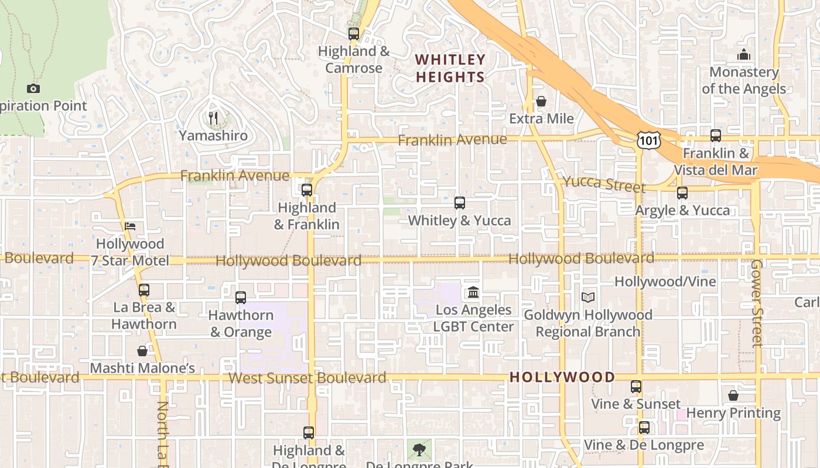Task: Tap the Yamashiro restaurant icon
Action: [213, 118]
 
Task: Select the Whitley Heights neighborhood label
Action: [450, 68]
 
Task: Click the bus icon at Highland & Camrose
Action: [354, 34]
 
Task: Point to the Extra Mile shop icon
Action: [541, 101]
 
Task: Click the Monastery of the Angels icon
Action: [744, 55]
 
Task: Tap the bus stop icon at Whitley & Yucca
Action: [460, 203]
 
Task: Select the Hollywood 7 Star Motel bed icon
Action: [130, 226]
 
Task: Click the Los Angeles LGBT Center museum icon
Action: [473, 292]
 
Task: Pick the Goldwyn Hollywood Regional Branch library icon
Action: [588, 297]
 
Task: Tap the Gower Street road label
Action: [756, 303]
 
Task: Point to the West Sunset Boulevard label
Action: [307, 378]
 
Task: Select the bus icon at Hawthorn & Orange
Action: [241, 298]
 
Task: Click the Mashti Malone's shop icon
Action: [142, 351]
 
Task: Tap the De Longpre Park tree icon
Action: [419, 449]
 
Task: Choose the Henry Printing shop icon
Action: [733, 396]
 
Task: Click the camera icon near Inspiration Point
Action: [33, 89]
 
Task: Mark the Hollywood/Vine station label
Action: [665, 282]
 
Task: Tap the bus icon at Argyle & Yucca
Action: [682, 193]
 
